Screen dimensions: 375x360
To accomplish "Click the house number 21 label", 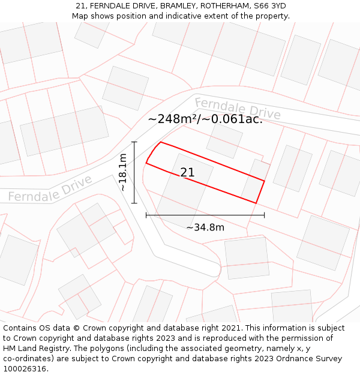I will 187,173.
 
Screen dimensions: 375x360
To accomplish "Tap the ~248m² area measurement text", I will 173,119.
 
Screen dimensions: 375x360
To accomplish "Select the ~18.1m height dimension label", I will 123,172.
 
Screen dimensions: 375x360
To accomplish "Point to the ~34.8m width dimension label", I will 205,227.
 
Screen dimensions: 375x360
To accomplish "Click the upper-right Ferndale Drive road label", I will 237,108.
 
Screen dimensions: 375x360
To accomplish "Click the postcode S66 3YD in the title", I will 271,6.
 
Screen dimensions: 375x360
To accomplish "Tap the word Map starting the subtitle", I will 80,16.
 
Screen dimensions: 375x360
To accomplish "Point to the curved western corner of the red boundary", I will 152,151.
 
